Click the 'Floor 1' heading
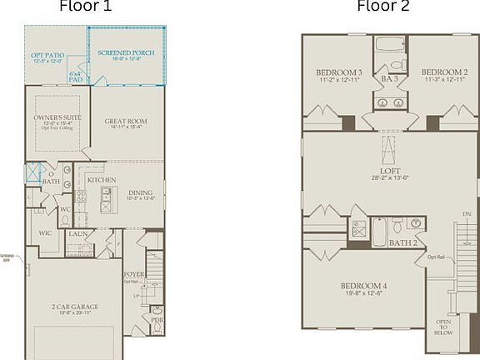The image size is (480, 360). (85, 7)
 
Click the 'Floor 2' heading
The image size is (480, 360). (383, 7)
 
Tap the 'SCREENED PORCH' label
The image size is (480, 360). (126, 53)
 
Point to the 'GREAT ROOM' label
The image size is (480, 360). (126, 122)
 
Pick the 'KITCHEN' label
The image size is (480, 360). (102, 180)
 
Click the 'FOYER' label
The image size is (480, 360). (133, 272)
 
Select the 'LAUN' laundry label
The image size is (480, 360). (78, 234)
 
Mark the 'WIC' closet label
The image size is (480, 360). (46, 233)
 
